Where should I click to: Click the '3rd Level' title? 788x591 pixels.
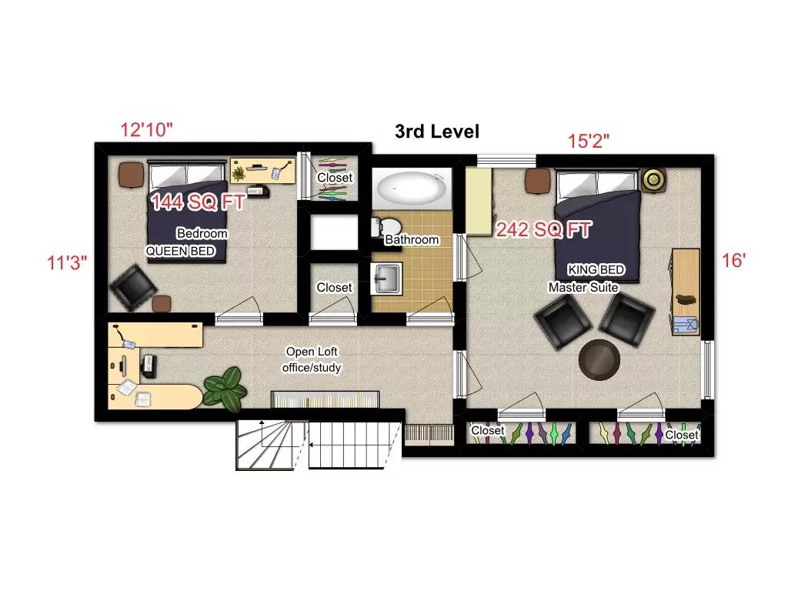[436, 132]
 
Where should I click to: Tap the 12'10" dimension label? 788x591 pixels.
[146, 129]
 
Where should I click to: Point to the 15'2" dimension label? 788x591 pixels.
[589, 141]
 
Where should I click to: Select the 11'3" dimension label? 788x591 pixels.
[67, 262]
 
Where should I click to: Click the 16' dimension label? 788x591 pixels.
[733, 261]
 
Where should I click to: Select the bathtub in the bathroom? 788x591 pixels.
[409, 188]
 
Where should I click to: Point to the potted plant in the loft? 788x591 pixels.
[223, 384]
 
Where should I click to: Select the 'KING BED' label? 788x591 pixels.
[596, 270]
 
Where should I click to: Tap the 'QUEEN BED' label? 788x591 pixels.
[181, 251]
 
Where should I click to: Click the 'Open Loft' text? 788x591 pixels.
[312, 352]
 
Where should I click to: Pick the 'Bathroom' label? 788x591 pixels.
[412, 240]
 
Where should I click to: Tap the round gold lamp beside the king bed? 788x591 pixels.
[654, 180]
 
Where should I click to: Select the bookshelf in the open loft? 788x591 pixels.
[325, 399]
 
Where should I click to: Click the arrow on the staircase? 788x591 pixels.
[312, 444]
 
